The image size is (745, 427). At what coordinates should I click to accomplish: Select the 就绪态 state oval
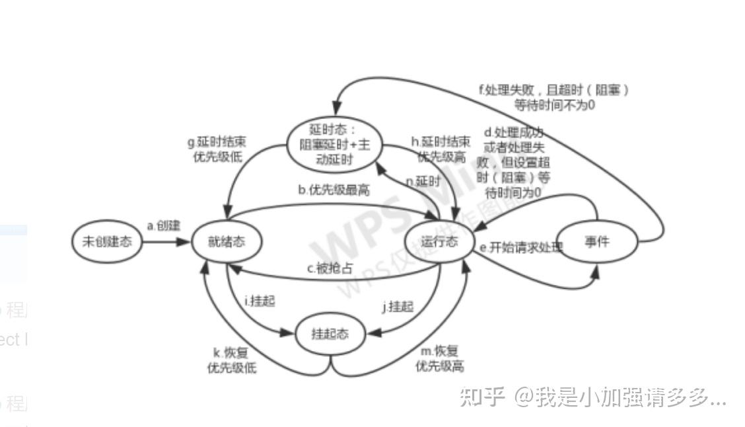[227, 241]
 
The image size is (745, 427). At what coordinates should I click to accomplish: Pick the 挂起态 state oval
[330, 334]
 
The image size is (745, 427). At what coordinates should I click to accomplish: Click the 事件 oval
[597, 242]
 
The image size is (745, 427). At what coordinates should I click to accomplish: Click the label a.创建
[163, 226]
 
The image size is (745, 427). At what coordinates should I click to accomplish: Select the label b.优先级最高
[334, 190]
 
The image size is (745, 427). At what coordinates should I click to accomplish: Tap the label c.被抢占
[329, 269]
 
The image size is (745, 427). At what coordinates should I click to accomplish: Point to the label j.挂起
[398, 307]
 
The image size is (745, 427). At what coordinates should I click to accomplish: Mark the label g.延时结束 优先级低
[217, 149]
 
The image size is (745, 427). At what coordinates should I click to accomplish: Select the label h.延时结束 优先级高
[441, 149]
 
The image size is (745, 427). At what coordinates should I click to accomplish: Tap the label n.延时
[423, 181]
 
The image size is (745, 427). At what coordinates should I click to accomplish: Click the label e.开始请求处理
[521, 248]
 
